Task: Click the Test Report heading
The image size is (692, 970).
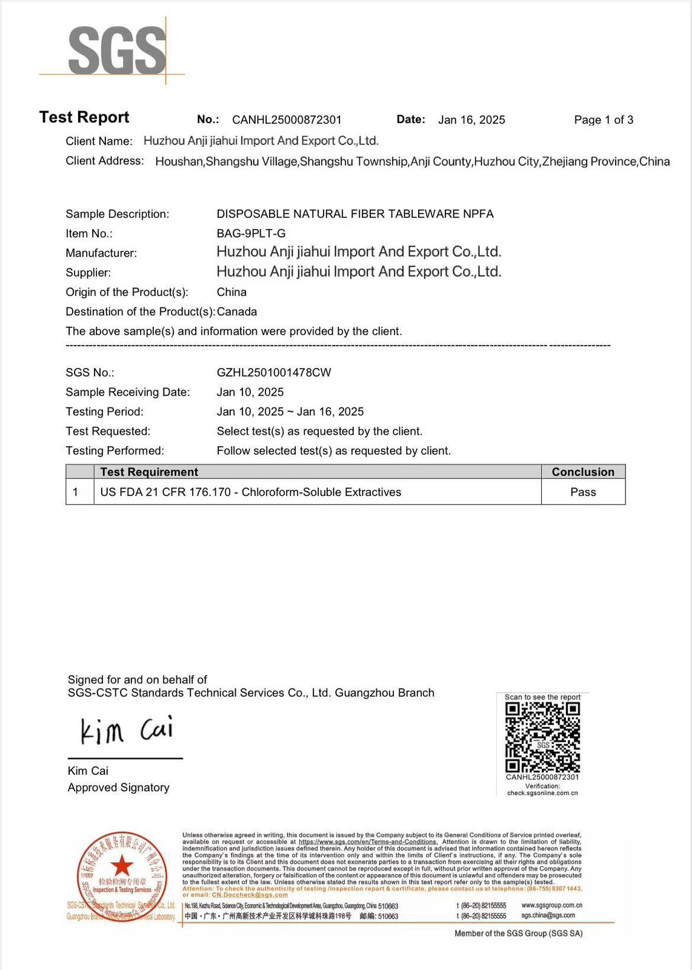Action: click(84, 117)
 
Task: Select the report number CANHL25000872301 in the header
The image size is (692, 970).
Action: click(287, 120)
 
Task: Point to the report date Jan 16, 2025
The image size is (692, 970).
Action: click(471, 120)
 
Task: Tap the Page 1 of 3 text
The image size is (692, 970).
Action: click(604, 120)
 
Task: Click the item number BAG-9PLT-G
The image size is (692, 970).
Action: click(251, 233)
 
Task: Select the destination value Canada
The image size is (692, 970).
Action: click(237, 312)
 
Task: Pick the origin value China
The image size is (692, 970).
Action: click(231, 292)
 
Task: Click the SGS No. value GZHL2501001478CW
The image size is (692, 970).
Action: click(274, 372)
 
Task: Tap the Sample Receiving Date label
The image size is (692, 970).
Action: click(128, 392)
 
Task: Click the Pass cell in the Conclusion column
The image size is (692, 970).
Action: click(583, 492)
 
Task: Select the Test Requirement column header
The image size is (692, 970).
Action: click(149, 472)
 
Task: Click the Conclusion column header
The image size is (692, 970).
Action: click(583, 472)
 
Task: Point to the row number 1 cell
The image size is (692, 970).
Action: click(76, 492)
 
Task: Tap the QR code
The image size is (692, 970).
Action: click(542, 737)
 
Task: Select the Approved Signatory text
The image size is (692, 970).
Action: click(119, 788)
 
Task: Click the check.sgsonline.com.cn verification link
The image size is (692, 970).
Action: click(542, 793)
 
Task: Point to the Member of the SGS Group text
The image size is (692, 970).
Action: click(518, 934)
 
